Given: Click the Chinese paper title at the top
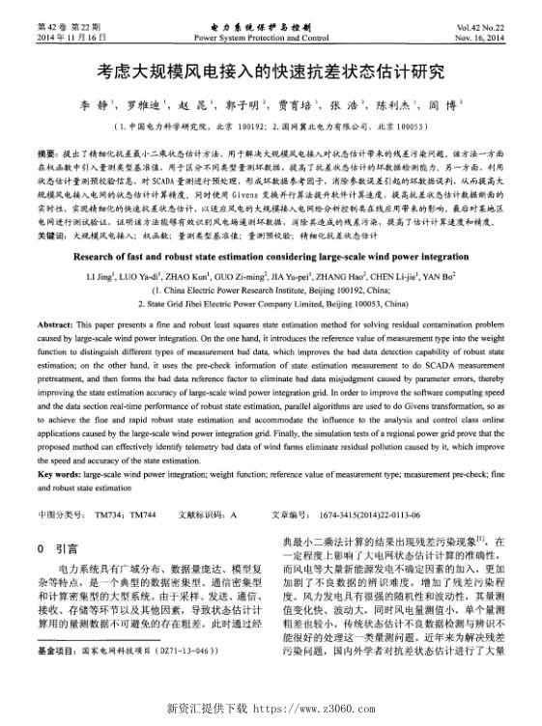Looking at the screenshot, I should pyautogui.click(x=271, y=72).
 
